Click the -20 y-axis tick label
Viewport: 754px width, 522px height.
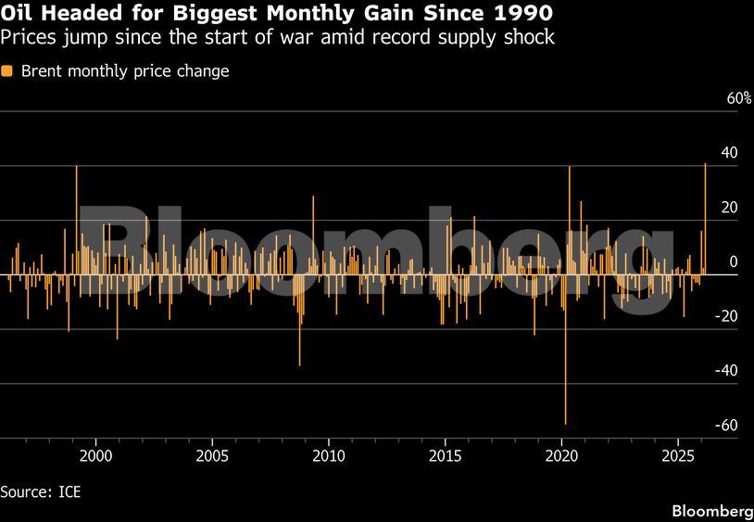pyautogui.click(x=727, y=316)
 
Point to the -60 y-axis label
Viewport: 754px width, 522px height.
pyautogui.click(x=727, y=425)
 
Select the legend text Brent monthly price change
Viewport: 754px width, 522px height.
pyautogui.click(x=124, y=71)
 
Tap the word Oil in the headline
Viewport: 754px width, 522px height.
pyautogui.click(x=19, y=15)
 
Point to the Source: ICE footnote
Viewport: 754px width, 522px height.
pyautogui.click(x=41, y=491)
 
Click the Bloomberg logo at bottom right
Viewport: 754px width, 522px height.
pyautogui.click(x=710, y=511)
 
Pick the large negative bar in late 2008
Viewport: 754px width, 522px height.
pyautogui.click(x=299, y=325)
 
